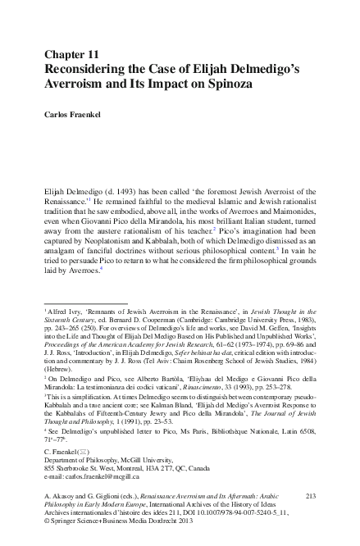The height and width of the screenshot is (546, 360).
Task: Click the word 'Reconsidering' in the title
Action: click(x=84, y=69)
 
